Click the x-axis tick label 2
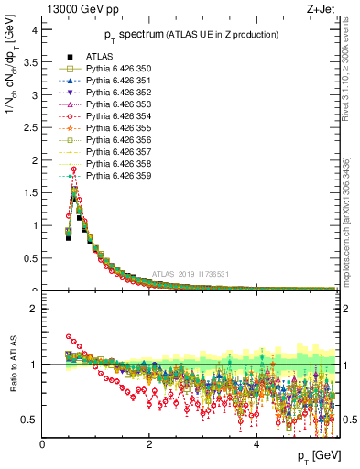pos(149,444)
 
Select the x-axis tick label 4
pos(256,444)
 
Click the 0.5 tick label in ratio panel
pos(29,420)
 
